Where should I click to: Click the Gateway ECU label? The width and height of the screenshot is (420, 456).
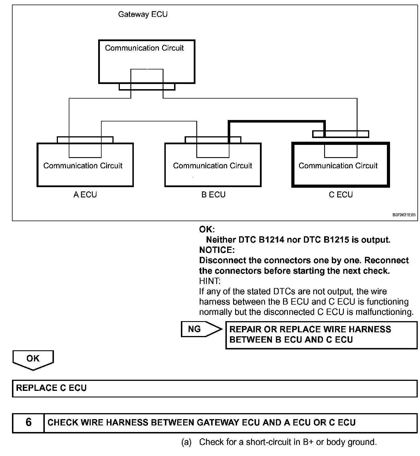(x=143, y=14)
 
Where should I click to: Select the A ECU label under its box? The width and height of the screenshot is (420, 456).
(x=85, y=195)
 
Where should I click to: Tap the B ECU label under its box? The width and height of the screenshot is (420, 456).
(x=213, y=195)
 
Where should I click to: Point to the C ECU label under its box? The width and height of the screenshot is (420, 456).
(x=341, y=195)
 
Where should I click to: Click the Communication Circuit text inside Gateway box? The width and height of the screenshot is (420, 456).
(x=144, y=48)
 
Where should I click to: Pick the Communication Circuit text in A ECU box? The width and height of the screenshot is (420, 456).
(x=83, y=166)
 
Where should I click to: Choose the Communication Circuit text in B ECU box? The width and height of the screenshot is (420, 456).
(x=213, y=166)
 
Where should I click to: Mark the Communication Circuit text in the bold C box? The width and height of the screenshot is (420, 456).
(x=338, y=166)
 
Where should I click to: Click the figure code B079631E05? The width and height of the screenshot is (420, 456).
(x=404, y=215)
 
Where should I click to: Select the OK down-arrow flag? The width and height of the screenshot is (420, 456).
(x=33, y=359)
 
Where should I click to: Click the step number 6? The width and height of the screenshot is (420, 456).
(x=29, y=423)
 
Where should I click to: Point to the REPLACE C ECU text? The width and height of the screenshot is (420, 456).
(x=51, y=388)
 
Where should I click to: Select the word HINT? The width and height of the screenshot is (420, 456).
(x=210, y=281)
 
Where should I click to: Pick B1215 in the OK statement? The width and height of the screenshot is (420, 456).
(x=336, y=240)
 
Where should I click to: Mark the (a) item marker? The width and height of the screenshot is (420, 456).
(x=186, y=442)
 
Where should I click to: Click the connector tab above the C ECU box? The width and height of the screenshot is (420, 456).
(x=340, y=134)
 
